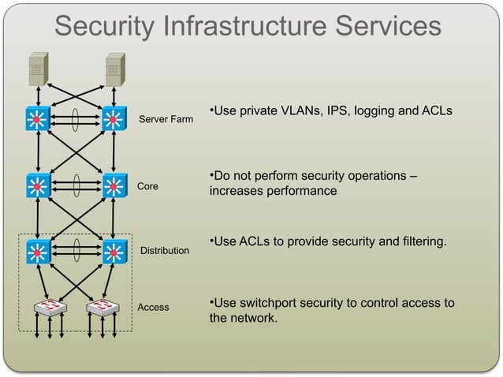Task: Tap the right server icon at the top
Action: pos(114,70)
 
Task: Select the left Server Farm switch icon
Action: pos(38,119)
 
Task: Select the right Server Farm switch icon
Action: pos(114,119)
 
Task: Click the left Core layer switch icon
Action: pos(38,186)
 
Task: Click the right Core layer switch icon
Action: pos(114,186)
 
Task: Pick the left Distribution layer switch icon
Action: pos(38,251)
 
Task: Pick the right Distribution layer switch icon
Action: pos(114,251)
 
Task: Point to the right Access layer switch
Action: pos(101,307)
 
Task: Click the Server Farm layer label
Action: pos(166,120)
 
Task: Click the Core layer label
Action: pos(148,187)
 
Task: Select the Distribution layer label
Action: pos(165,251)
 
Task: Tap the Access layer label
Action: pos(154,307)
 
